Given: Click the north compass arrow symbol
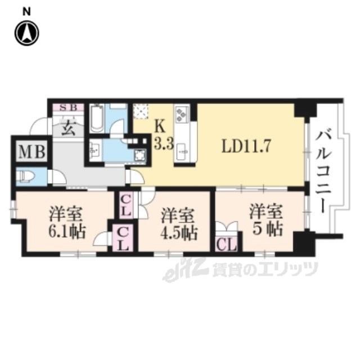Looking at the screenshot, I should click(26, 33).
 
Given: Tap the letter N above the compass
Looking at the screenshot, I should click(26, 11).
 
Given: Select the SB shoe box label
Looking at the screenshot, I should click(68, 107).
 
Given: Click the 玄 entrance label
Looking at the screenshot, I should click(67, 127).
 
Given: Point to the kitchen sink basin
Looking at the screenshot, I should click(182, 151).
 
